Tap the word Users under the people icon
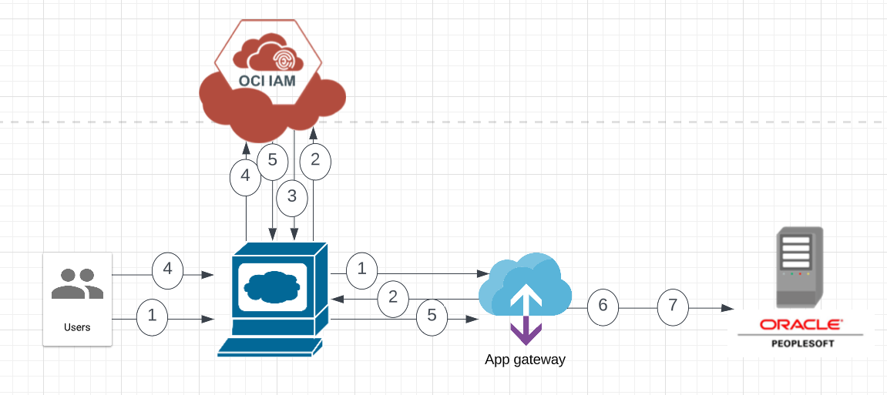(77, 327)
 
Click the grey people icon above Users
(77, 283)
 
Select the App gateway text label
(525, 360)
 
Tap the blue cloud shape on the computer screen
(271, 286)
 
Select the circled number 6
(603, 306)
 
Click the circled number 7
(673, 306)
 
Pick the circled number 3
(291, 196)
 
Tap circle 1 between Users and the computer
(152, 315)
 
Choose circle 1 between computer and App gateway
(362, 269)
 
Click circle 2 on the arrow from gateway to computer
(393, 296)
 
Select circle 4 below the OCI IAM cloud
(245, 176)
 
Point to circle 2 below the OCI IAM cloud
(314, 160)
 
